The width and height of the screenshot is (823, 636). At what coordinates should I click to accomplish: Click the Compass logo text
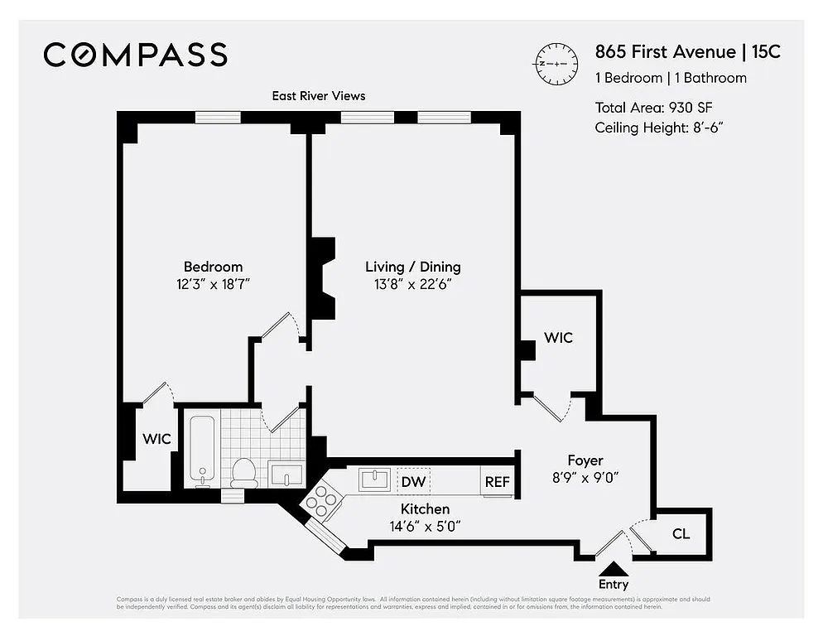135,55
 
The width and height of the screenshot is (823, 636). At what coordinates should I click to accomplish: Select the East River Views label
319,96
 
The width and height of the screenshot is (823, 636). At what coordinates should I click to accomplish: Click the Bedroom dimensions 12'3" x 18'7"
213,284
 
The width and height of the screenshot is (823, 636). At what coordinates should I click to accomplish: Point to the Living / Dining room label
412,267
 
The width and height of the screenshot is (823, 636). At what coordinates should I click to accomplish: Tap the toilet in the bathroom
243,470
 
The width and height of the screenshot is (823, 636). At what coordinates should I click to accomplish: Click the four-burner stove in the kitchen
321,499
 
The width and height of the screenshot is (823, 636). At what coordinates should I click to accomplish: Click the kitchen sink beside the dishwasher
375,479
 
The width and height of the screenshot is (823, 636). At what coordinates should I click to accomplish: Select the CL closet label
681,534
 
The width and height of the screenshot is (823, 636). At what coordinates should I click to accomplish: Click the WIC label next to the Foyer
558,338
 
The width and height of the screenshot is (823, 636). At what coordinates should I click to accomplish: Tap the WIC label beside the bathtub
156,439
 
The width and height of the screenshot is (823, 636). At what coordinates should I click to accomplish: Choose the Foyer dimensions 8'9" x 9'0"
585,477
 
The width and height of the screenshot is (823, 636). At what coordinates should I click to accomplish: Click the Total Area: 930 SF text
654,108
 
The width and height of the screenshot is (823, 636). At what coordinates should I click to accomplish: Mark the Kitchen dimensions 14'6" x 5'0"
426,525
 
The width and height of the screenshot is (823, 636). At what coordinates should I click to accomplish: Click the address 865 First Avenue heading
665,52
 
